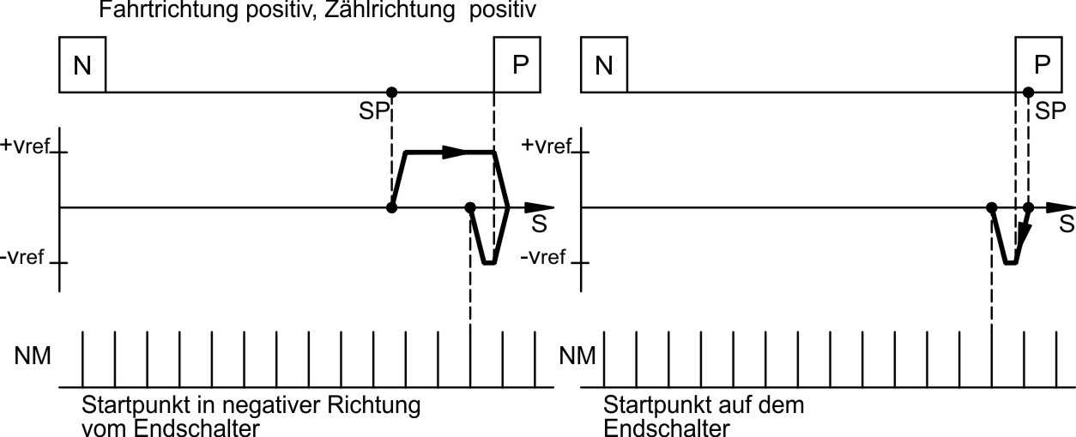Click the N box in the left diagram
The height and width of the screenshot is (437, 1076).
point(82,64)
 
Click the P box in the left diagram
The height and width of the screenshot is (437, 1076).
point(517,64)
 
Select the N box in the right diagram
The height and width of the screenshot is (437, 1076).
point(604,64)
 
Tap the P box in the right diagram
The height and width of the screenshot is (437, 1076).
point(1039,64)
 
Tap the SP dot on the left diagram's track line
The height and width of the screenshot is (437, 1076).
point(392,92)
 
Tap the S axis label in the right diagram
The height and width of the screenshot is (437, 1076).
point(1065,224)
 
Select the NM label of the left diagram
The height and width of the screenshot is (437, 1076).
point(33,355)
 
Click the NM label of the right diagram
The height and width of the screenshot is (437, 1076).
point(577,355)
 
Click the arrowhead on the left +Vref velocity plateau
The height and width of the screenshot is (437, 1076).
point(455,153)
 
